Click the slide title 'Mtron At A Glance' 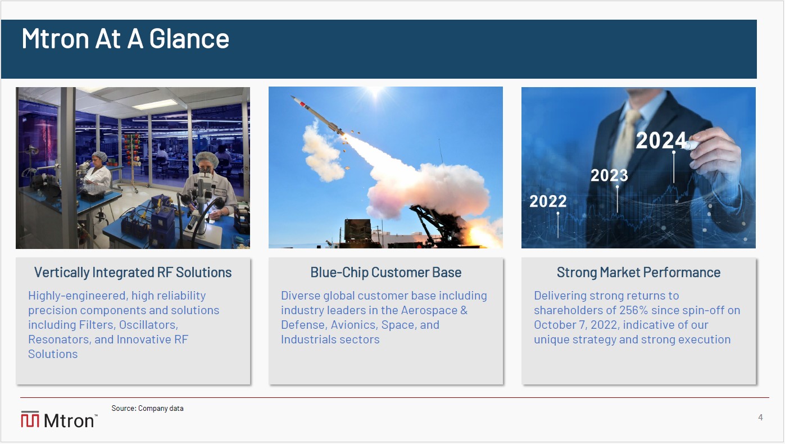[125, 38]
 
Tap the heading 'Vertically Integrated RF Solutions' [133, 272]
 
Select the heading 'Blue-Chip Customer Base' [386, 272]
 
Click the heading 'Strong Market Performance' [638, 272]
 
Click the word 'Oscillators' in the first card [148, 325]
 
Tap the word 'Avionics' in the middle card [355, 325]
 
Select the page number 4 [760, 417]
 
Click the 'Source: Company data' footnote [148, 408]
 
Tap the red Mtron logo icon [30, 419]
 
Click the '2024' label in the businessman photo [661, 140]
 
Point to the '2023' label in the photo [609, 175]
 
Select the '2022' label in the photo [548, 201]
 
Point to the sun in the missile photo [375, 91]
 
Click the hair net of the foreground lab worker [207, 158]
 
